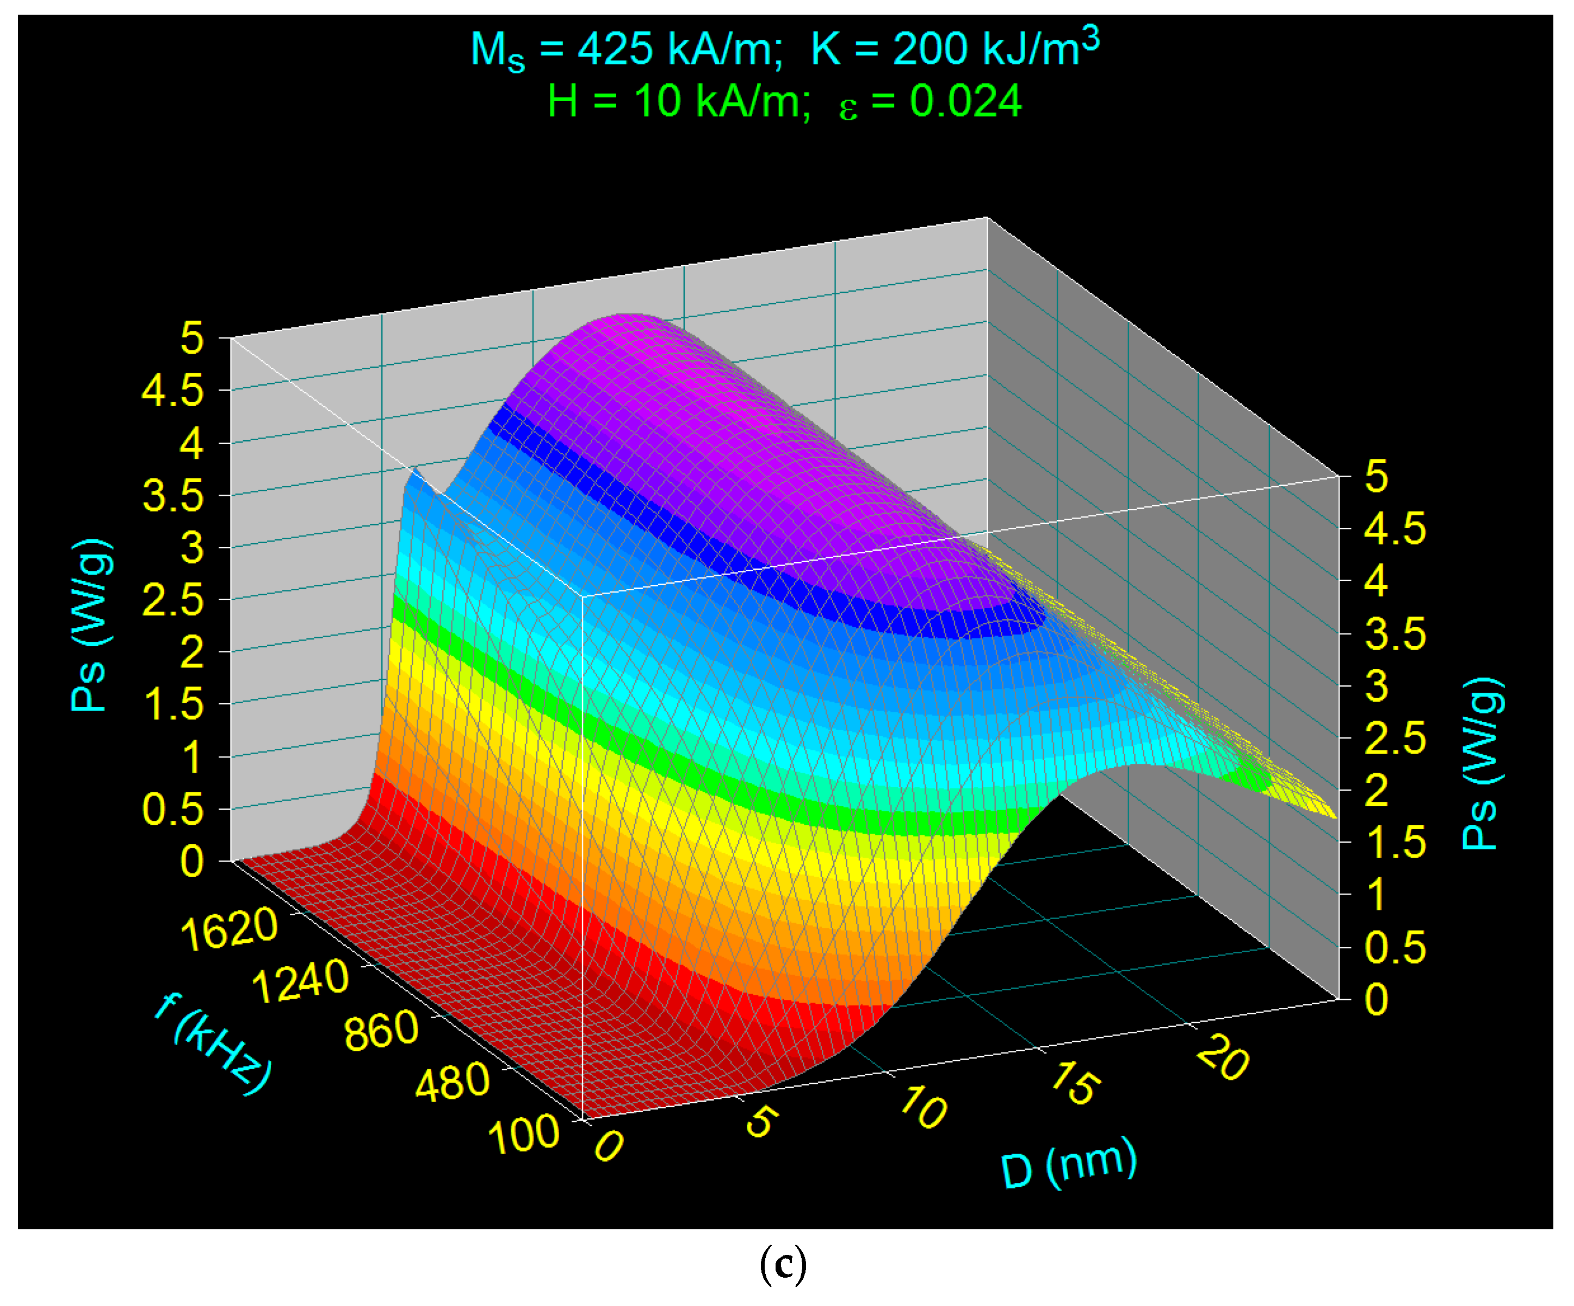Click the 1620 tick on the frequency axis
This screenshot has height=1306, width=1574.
(228, 929)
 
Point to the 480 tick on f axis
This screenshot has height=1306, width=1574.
(452, 1082)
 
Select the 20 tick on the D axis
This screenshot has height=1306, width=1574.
(1222, 1060)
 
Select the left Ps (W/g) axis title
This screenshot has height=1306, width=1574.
(91, 625)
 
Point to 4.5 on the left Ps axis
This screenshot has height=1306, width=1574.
(173, 391)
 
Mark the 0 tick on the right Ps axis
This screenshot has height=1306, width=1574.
(1376, 1000)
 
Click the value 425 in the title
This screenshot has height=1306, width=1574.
(615, 50)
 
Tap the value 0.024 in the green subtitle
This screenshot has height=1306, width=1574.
(965, 101)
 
